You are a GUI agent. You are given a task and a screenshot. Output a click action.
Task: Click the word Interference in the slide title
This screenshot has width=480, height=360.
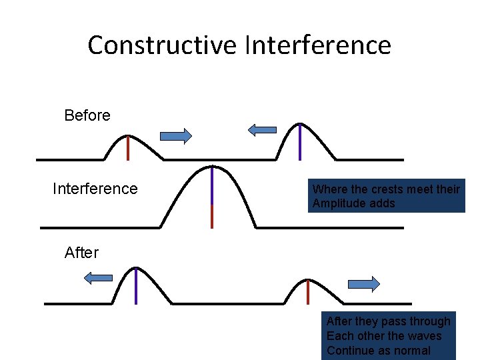tap(318, 45)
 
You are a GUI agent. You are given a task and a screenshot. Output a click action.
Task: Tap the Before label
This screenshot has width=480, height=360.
tap(87, 115)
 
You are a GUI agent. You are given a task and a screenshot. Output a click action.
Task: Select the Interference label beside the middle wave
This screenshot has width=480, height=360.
tap(95, 189)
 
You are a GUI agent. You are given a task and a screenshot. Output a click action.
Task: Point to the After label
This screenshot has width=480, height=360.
tap(81, 253)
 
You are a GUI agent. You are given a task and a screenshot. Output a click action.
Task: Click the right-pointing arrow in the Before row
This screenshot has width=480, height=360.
tap(176, 136)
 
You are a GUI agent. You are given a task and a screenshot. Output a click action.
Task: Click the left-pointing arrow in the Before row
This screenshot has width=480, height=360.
tap(262, 130)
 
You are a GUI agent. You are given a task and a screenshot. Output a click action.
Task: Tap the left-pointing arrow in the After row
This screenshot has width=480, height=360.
tap(99, 278)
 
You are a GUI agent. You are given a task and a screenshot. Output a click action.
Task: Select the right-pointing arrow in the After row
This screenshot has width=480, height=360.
tap(364, 284)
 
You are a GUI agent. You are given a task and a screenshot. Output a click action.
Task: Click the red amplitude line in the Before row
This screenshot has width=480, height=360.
tap(127, 147)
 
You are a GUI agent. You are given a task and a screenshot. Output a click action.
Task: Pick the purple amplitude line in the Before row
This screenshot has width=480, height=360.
tap(300, 141)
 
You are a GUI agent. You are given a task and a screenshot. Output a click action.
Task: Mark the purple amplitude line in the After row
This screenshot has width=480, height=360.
tap(136, 285)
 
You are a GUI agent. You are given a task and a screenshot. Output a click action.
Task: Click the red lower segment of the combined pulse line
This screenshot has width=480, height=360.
tap(212, 216)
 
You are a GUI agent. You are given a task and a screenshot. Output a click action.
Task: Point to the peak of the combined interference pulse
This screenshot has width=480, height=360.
tap(212, 167)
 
